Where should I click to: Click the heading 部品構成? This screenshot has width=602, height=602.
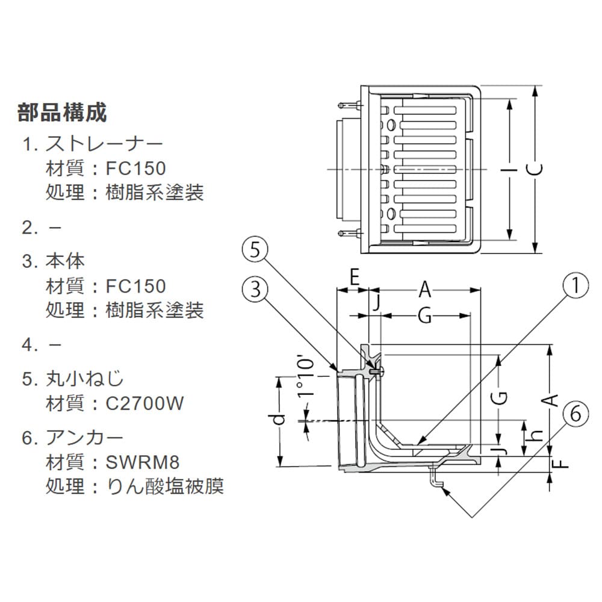pyautogui.click(x=62, y=113)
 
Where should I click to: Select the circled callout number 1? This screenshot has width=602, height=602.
pyautogui.click(x=576, y=285)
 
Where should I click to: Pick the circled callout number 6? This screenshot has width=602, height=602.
pyautogui.click(x=576, y=414)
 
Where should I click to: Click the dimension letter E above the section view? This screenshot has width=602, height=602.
pyautogui.click(x=354, y=277)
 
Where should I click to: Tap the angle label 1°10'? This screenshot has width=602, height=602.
pyautogui.click(x=306, y=378)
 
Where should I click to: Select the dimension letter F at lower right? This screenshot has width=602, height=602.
pyautogui.click(x=561, y=463)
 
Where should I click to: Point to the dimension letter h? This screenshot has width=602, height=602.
pyautogui.click(x=536, y=434)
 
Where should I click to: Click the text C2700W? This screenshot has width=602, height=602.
pyautogui.click(x=144, y=403)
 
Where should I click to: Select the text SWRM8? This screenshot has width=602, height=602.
pyautogui.click(x=143, y=462)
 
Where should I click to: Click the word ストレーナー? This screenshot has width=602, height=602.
pyautogui.click(x=104, y=144)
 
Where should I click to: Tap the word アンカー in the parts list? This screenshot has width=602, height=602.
pyautogui.click(x=84, y=438)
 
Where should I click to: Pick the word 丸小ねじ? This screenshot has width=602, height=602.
pyautogui.click(x=84, y=379)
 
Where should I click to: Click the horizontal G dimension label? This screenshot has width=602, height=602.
pyautogui.click(x=424, y=316)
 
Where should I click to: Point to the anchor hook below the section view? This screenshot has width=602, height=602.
pyautogui.click(x=435, y=479)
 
